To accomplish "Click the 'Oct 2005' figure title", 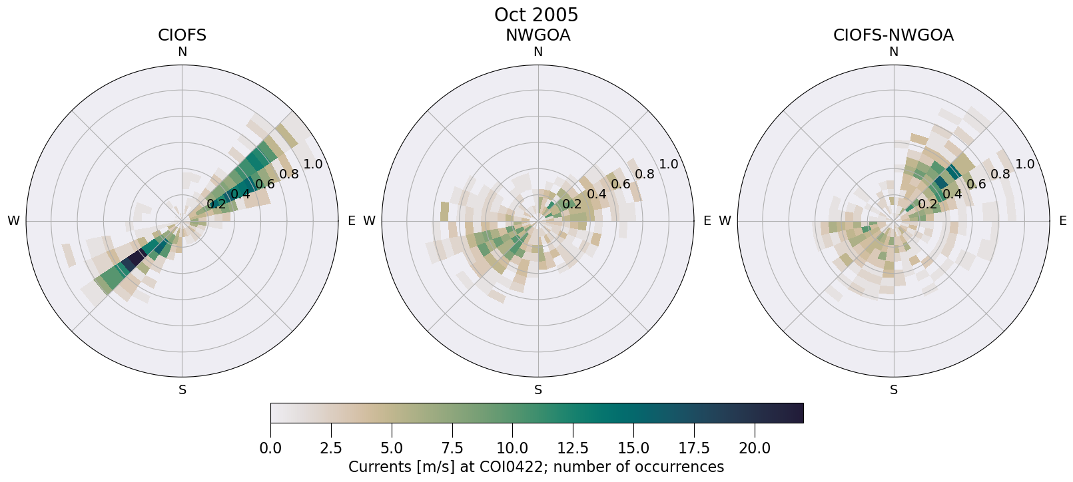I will tap(536, 15).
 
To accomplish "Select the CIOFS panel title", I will tap(182, 35).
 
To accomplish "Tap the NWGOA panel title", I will tap(537, 35).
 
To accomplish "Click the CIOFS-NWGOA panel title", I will tap(893, 35).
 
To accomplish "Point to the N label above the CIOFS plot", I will tap(182, 52).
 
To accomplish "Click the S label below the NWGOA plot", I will tap(538, 390).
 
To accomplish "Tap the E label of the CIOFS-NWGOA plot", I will tap(1063, 221).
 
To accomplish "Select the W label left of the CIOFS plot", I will tap(13, 221).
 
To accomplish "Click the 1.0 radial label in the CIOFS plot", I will tap(312, 164).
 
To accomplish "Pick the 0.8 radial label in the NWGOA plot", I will tap(645, 174).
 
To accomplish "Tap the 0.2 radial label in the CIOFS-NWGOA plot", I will tap(927, 204).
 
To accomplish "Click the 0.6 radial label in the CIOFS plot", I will tap(264, 184).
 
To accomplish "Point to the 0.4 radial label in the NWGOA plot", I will tap(597, 194).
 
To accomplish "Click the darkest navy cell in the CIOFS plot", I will tap(137, 258).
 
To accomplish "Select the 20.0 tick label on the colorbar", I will tap(754, 449).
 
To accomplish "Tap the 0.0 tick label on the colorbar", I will tap(270, 449).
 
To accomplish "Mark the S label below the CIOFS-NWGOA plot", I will tap(894, 390).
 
